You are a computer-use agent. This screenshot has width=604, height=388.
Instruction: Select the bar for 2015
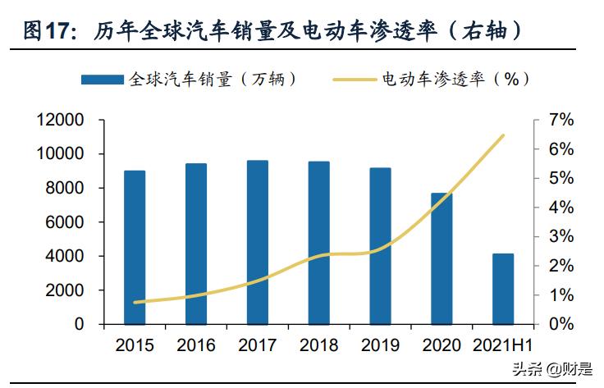tap(135, 247)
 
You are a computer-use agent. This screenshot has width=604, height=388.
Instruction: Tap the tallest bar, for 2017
tap(257, 242)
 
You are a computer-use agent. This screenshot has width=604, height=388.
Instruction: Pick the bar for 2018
tap(318, 243)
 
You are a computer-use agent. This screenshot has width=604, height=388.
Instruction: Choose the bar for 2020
tap(442, 258)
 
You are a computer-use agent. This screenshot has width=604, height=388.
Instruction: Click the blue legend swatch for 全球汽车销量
tap(103, 80)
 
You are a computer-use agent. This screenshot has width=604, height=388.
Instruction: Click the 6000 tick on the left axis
tap(66, 222)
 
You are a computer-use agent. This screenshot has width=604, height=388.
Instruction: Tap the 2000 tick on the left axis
tap(66, 290)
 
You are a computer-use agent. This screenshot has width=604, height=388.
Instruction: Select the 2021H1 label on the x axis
tap(503, 345)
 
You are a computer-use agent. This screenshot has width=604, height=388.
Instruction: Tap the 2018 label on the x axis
tap(318, 345)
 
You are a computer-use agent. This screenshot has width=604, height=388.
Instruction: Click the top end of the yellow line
tap(503, 135)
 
